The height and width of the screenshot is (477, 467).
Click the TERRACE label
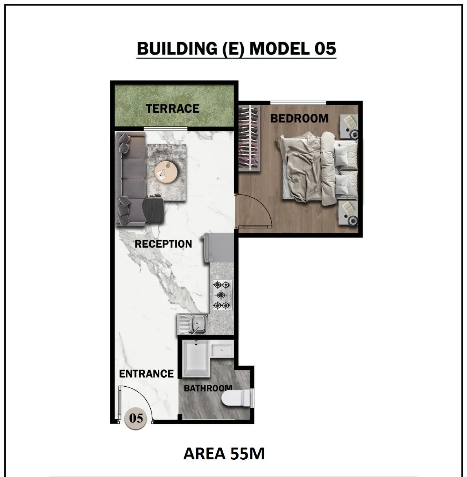[x=173, y=109]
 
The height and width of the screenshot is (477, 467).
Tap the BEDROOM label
[x=299, y=118]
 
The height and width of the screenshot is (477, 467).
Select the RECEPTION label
[x=163, y=244]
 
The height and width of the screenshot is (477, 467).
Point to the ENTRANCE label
[x=146, y=374]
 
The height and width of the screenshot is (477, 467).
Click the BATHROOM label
[x=208, y=388]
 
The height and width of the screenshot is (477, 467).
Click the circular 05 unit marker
[x=136, y=419]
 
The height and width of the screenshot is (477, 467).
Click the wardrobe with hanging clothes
[x=249, y=138]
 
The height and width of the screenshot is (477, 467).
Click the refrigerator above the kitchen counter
[x=218, y=249]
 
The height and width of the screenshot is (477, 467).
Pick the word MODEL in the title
[x=279, y=49]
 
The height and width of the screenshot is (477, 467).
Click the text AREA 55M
[x=224, y=453]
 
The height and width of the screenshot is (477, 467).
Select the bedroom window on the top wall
[x=298, y=103]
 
